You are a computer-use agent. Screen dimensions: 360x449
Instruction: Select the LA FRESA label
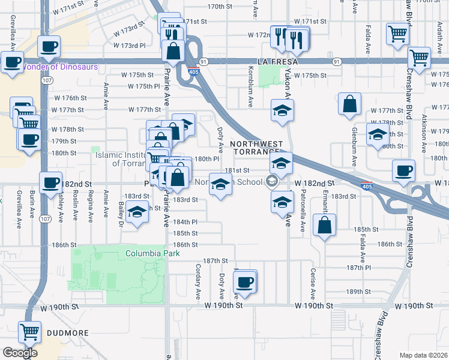click(278, 62)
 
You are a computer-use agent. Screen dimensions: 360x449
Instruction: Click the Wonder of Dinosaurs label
click(59, 67)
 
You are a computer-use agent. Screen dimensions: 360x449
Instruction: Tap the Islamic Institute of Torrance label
click(120, 158)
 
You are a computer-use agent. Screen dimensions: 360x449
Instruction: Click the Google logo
click(20, 353)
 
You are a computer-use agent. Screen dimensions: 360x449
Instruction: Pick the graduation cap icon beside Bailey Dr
click(137, 214)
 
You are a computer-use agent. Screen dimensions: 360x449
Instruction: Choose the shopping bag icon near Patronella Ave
click(324, 226)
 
